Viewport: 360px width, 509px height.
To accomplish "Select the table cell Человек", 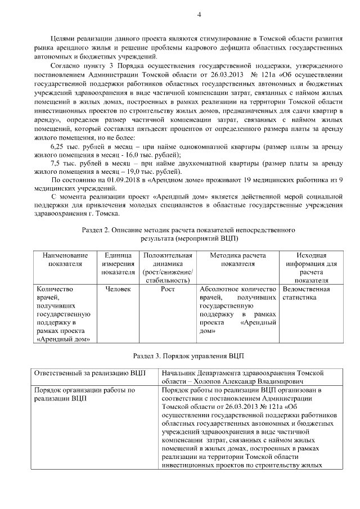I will [x=118, y=289].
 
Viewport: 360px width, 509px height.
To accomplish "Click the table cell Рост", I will [x=168, y=289].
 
